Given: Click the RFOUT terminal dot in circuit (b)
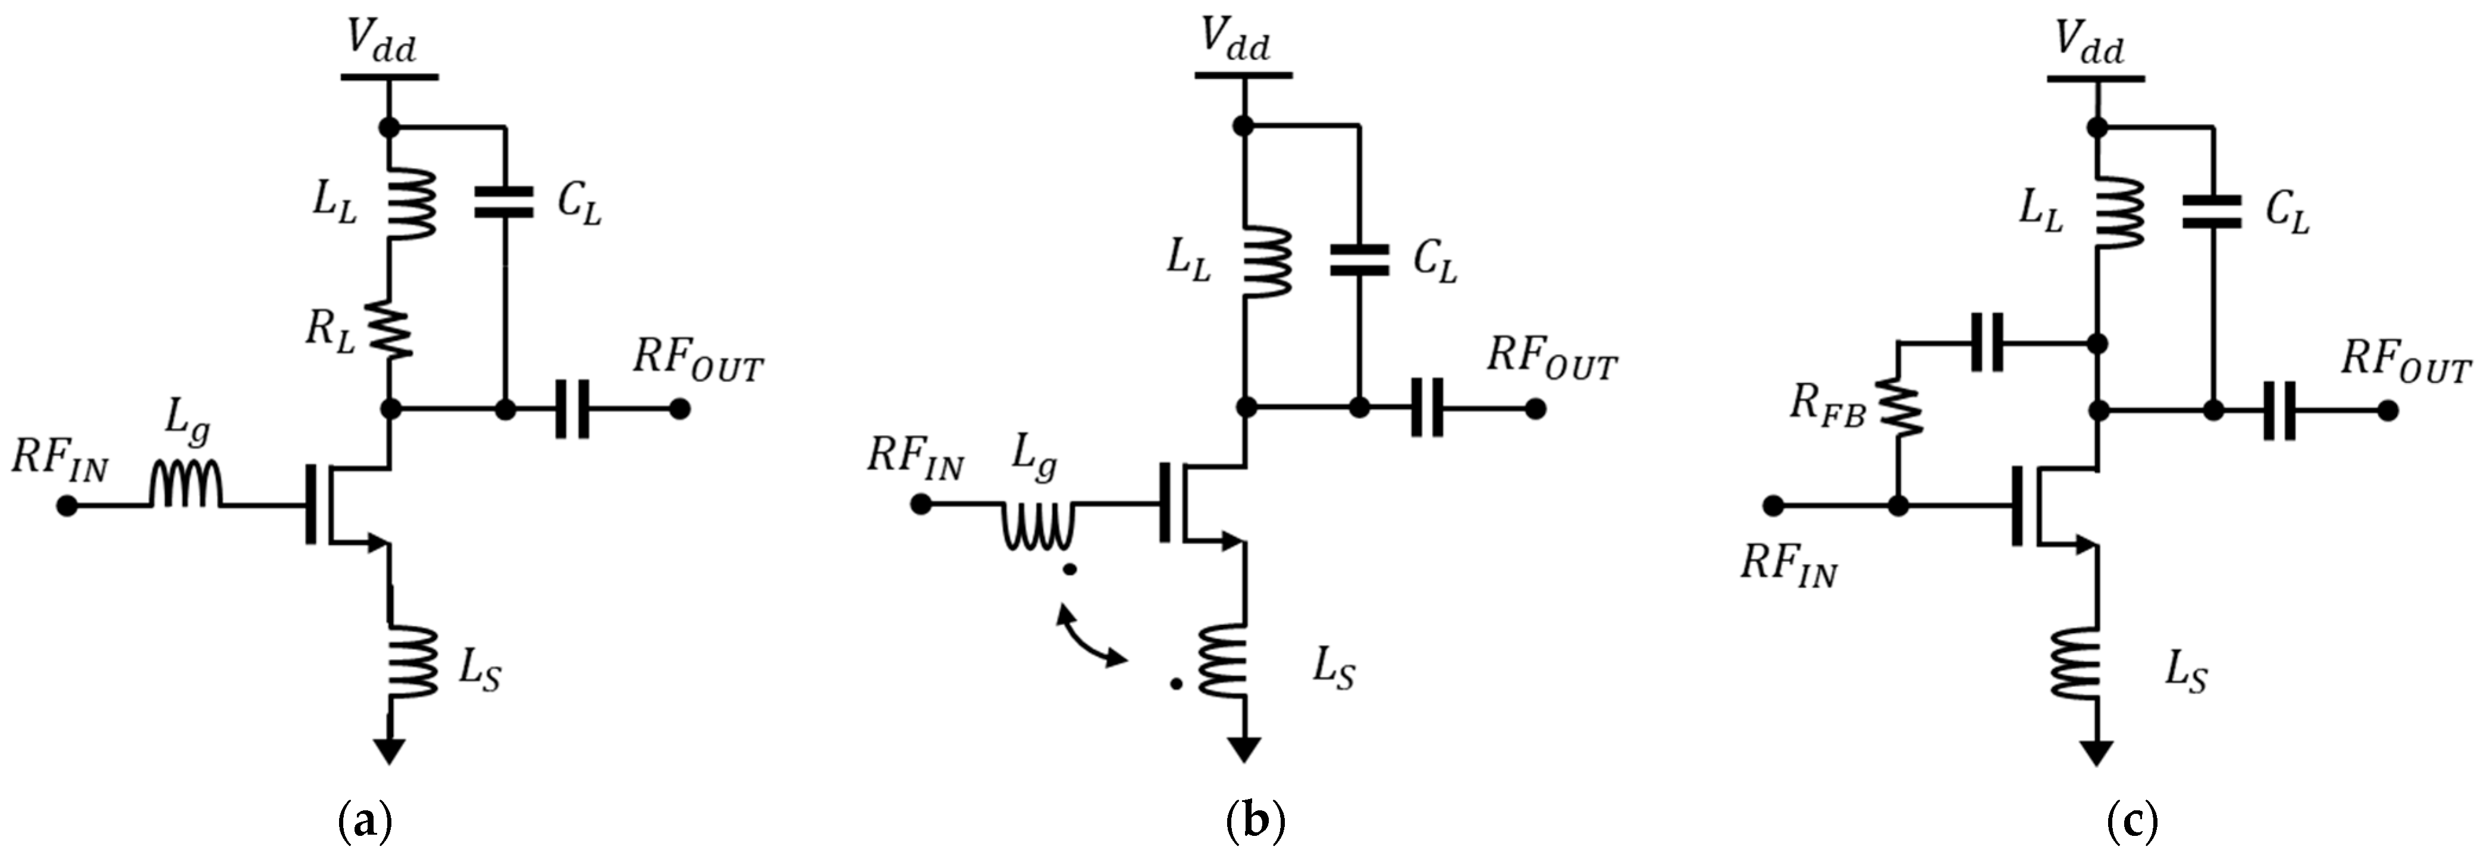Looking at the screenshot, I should tap(1535, 408).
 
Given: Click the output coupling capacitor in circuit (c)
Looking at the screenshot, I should tap(2279, 410).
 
